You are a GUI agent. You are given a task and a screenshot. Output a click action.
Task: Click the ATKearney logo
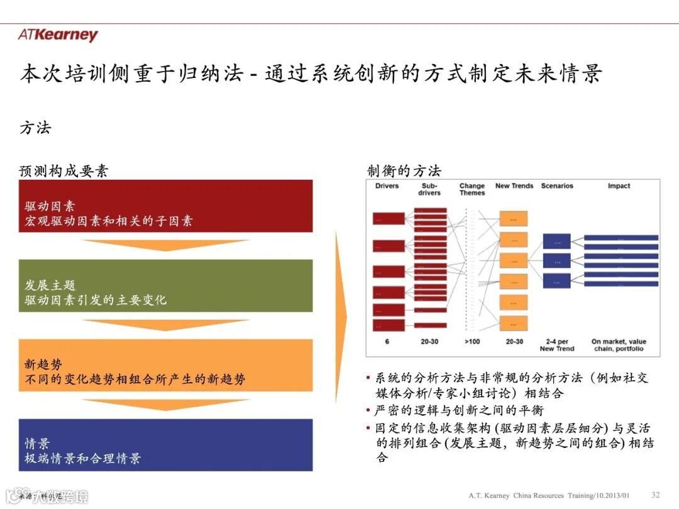click(58, 35)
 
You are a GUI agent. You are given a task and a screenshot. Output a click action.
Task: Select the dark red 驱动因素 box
click(165, 206)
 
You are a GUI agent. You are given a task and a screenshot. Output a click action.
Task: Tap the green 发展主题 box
click(165, 286)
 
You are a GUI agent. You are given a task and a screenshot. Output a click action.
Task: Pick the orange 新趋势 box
click(165, 365)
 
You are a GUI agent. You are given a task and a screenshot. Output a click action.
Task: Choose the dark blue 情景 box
click(165, 445)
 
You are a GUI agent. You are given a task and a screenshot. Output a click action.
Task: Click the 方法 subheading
click(35, 128)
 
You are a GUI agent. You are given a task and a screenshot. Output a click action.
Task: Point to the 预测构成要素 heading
click(64, 171)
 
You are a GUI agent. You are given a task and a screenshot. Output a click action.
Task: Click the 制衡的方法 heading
click(404, 171)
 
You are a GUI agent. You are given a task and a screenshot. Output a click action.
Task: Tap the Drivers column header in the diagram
click(387, 186)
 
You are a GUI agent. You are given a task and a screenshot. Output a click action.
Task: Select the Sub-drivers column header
click(429, 189)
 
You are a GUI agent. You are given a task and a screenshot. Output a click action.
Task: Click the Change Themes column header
click(472, 189)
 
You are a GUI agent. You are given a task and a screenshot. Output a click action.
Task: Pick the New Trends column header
click(514, 186)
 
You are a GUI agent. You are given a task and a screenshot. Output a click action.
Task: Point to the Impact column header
click(619, 186)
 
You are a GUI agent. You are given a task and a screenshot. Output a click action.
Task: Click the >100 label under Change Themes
click(472, 342)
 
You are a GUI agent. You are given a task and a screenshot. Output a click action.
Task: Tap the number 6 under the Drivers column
click(387, 342)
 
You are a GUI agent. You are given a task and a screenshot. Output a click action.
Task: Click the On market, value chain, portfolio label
click(619, 345)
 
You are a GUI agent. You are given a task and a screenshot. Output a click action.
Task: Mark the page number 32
click(656, 495)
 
